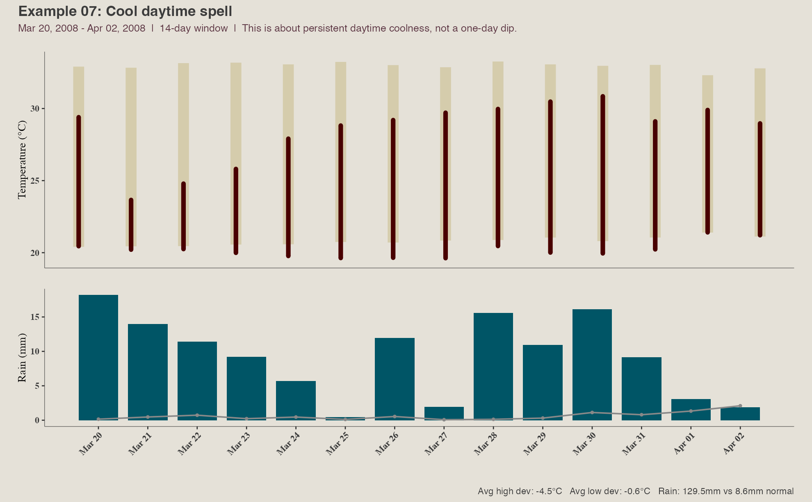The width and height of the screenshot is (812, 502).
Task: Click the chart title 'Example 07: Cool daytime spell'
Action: [x=125, y=11]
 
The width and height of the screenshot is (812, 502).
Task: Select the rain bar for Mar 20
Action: [x=98, y=358]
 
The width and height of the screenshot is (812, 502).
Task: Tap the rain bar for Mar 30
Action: [x=592, y=365]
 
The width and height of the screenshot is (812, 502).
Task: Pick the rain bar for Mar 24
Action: [x=296, y=401]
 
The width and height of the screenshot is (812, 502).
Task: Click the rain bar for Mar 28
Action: [x=493, y=367]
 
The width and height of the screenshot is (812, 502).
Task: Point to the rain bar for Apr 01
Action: [x=691, y=410]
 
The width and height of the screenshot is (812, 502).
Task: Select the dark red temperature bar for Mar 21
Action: [x=131, y=225]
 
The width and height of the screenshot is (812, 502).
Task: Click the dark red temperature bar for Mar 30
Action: [x=603, y=175]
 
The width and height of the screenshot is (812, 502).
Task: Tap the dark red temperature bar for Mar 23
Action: [x=236, y=211]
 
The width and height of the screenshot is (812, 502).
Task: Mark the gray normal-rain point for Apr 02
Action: [x=740, y=406]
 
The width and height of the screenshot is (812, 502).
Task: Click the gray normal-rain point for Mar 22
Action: [x=197, y=415]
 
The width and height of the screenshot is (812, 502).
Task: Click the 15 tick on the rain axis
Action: [x=34, y=317]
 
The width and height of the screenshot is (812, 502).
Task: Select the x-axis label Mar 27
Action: [x=435, y=444]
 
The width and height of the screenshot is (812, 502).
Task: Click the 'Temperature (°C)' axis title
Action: [x=22, y=160]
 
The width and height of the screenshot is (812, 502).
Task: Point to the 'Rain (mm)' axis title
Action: [x=22, y=358]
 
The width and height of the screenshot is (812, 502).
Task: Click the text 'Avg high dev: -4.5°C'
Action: [x=520, y=491]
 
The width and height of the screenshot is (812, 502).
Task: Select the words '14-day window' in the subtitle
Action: [x=194, y=28]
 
